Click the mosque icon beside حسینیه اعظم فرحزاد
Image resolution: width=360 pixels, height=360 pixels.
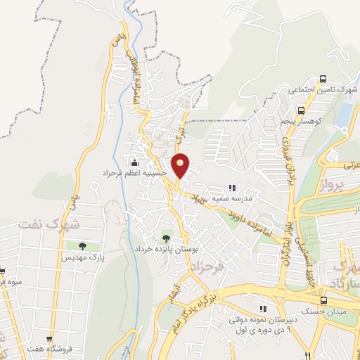tap(134, 162)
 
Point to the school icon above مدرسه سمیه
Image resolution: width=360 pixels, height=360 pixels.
tap(231, 188)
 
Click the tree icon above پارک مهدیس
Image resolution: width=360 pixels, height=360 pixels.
tap(82, 246)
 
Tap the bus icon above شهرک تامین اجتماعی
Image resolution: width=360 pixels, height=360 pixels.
tap(323, 79)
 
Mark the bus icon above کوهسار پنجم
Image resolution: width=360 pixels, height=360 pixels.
tap(300, 110)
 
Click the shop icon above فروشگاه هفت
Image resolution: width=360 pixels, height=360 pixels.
tap(49, 339)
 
